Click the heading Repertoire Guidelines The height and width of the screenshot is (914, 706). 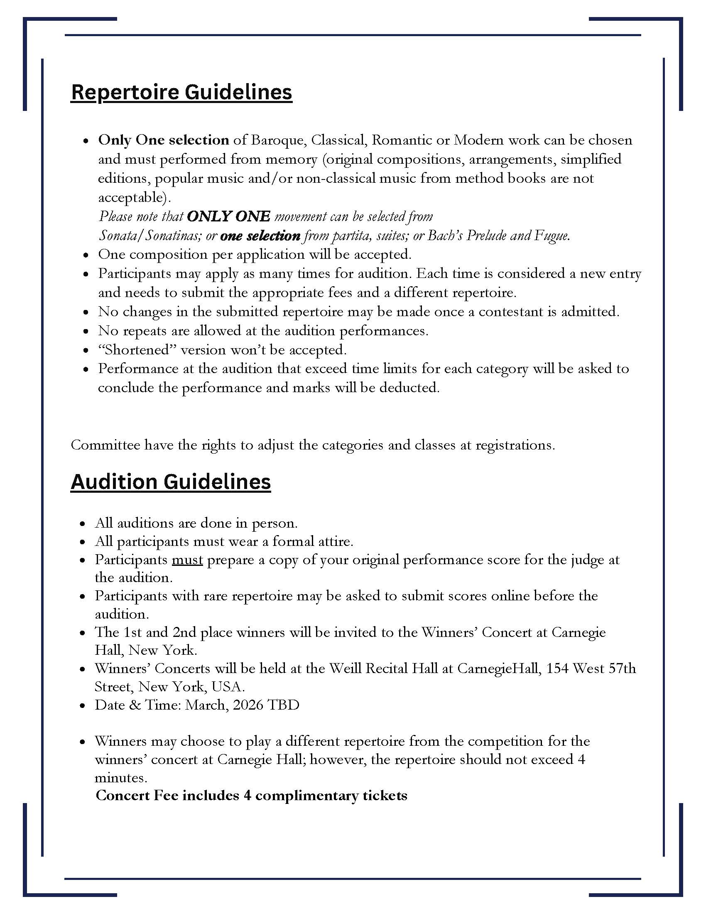click(181, 92)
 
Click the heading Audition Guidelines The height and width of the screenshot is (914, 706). click(171, 482)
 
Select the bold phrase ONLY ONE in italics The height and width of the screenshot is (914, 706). click(228, 216)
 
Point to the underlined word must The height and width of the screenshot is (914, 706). click(187, 560)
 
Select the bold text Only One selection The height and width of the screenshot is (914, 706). click(164, 140)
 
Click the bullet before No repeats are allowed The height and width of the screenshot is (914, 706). click(86, 332)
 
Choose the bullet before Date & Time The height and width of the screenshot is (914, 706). click(83, 705)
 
